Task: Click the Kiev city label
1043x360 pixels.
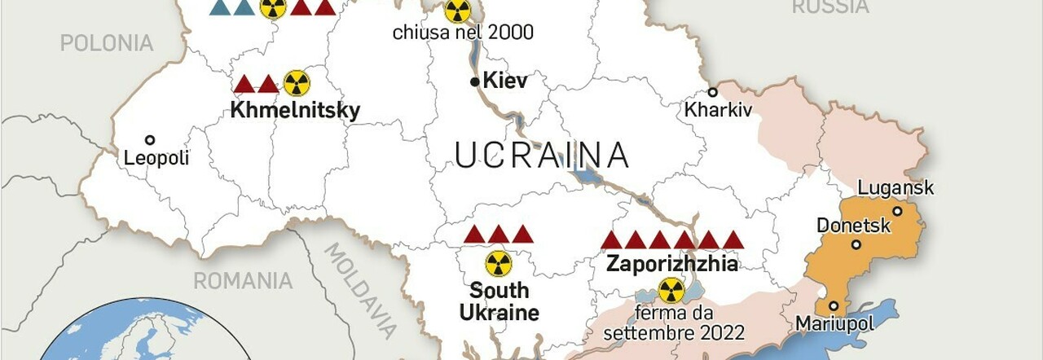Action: (505, 81)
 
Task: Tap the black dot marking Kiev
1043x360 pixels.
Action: (475, 81)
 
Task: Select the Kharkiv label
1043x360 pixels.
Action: (718, 109)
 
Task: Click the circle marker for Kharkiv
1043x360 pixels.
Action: (712, 92)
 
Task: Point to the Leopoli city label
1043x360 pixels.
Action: (156, 158)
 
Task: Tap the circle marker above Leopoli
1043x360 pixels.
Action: (150, 140)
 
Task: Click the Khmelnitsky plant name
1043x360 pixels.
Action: (295, 110)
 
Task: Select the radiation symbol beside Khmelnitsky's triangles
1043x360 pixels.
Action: (297, 82)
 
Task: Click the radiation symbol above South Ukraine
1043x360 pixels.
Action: (499, 263)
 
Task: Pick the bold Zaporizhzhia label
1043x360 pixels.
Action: (672, 264)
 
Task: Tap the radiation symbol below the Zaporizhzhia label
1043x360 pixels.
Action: (671, 290)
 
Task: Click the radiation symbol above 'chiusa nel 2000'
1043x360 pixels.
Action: (457, 11)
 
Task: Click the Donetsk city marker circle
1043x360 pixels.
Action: (856, 244)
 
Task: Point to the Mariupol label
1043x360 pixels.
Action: (834, 323)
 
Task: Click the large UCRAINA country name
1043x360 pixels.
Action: (542, 155)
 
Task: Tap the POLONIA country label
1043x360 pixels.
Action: (107, 43)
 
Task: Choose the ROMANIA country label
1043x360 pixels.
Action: (243, 281)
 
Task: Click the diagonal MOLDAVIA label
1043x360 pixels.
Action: (362, 290)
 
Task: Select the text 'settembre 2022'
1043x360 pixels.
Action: (673, 332)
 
